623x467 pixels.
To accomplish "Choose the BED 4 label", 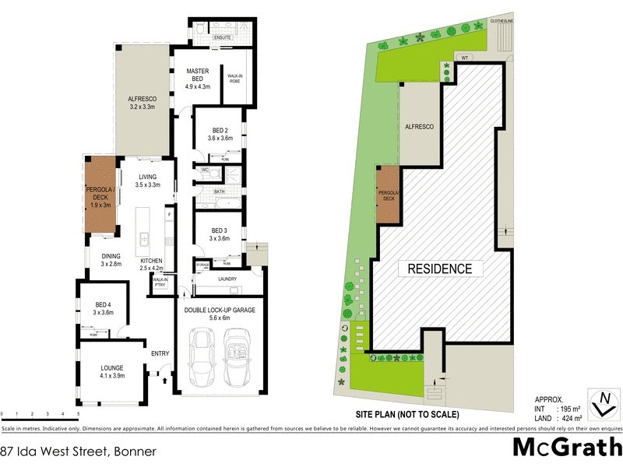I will click(104, 304).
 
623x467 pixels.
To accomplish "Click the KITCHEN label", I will click(151, 260).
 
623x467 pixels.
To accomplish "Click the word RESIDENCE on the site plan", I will click(436, 269).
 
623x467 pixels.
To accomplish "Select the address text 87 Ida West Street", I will click(78, 451).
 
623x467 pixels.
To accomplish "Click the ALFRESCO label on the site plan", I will click(417, 125).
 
